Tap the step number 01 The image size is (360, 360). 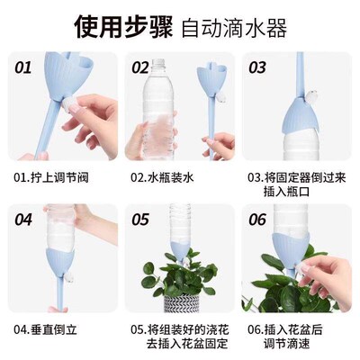coord(23,67)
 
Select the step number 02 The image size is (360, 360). coord(140,67)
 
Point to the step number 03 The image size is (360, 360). coord(256,67)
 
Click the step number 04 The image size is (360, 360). coord(23,219)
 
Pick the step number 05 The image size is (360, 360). coord(140,219)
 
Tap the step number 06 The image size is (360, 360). coord(256,219)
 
